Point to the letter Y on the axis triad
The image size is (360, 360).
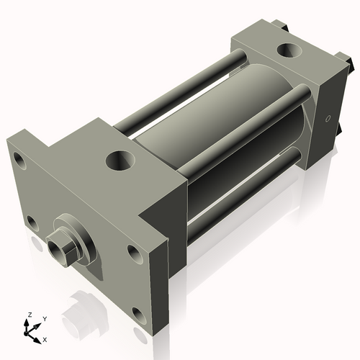[45, 318]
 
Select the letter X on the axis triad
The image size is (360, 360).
[45, 338]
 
